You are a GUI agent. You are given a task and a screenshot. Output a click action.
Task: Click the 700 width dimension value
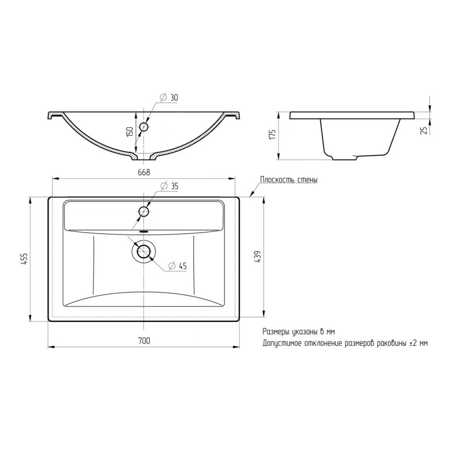[144, 340]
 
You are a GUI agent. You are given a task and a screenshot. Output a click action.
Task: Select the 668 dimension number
[144, 172]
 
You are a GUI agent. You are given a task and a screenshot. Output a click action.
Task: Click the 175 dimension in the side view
[273, 134]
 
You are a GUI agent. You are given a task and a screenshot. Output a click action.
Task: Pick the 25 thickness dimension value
[424, 130]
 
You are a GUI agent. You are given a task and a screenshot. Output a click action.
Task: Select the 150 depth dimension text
[130, 132]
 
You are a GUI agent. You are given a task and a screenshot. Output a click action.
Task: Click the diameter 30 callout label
[169, 98]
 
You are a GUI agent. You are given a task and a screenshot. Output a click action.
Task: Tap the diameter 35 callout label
[169, 186]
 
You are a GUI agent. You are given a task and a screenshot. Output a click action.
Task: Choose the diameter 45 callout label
[178, 266]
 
